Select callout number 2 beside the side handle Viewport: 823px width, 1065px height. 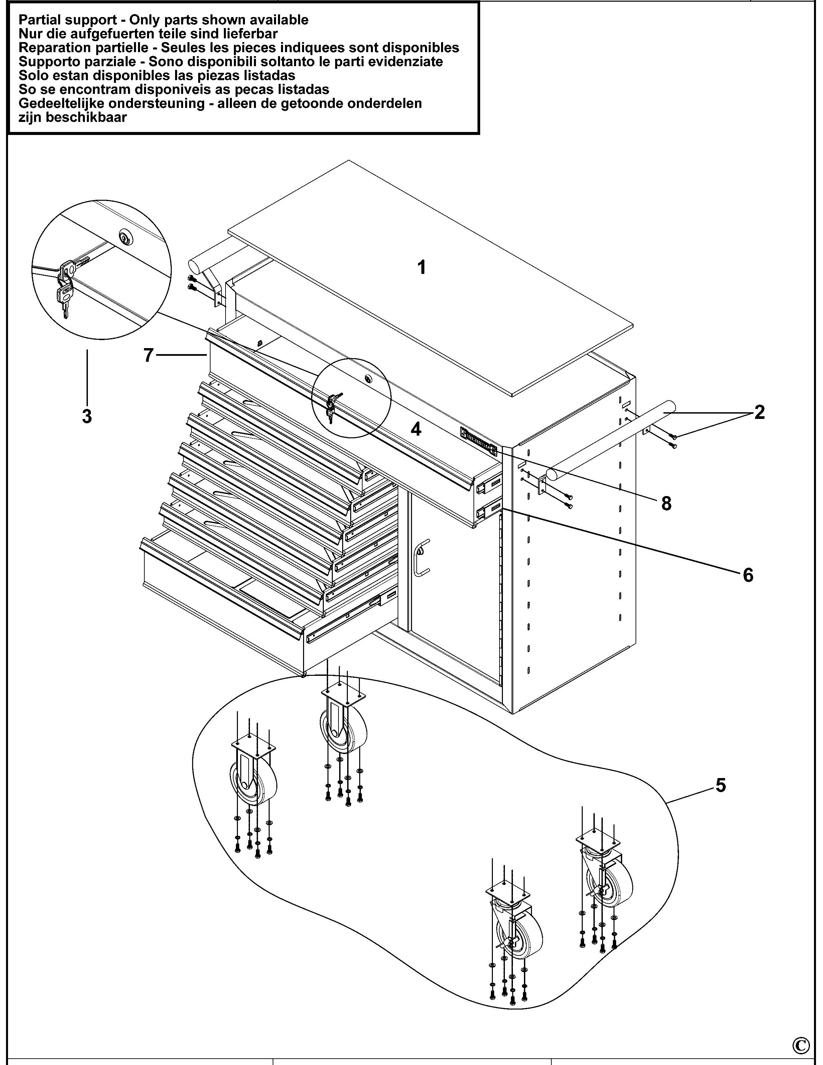[759, 413]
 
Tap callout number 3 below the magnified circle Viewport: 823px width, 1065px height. [87, 417]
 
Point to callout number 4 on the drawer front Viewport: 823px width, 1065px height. [416, 429]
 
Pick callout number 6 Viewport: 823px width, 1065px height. [748, 575]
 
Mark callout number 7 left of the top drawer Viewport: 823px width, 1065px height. [149, 355]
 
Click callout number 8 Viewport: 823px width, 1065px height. [666, 503]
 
